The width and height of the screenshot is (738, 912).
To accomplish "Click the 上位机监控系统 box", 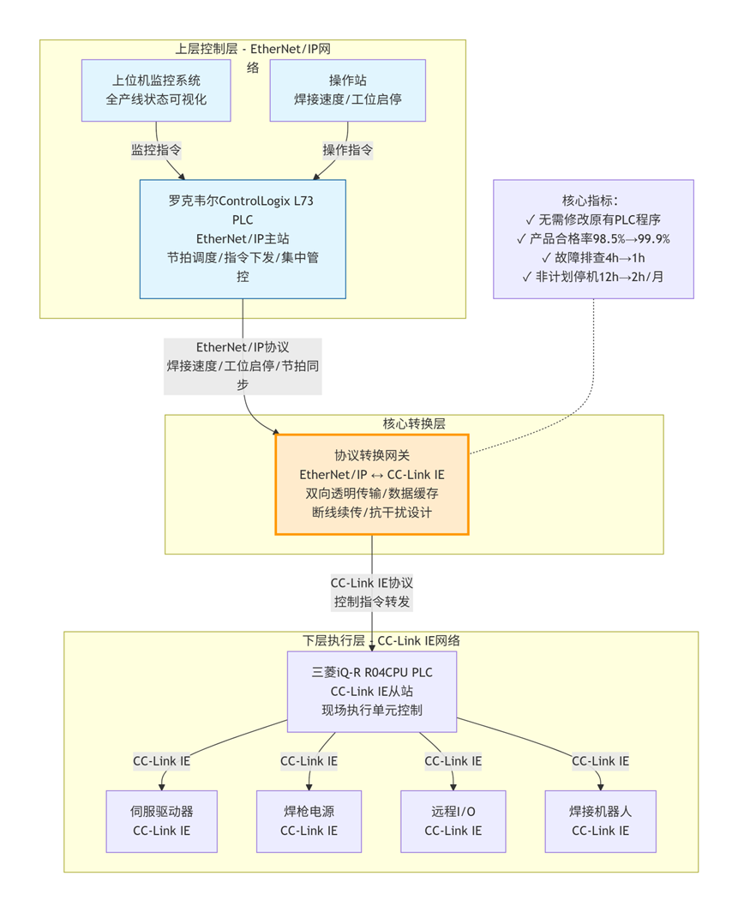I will tap(156, 90).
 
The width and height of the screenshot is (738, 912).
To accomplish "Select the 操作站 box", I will tap(348, 90).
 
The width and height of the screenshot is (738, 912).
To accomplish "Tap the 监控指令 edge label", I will tap(156, 150).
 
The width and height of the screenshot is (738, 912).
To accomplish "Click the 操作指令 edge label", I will tap(348, 150).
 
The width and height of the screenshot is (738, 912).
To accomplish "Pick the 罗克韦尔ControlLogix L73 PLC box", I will tap(243, 239).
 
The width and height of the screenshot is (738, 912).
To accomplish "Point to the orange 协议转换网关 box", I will tap(371, 484).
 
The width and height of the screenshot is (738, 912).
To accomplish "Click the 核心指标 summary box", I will tap(593, 238).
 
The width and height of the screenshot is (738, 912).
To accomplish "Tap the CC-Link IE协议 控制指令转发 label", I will tap(371, 591).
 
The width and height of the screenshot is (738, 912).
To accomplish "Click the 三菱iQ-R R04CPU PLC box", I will tap(371, 692).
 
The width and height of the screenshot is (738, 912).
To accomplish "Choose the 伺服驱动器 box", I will tap(161, 820).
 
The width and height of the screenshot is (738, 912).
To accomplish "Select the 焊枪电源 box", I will tap(309, 820).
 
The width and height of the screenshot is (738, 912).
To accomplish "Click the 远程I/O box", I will tap(453, 820).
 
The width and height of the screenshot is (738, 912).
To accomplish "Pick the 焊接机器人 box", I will tap(600, 820).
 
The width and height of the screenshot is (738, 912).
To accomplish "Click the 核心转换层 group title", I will tap(414, 423).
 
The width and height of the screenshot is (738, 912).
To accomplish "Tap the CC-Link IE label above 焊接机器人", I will tap(600, 760).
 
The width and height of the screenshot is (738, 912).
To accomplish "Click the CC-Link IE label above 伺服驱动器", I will tap(161, 760).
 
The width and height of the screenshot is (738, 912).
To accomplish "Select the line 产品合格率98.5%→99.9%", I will tap(593, 238).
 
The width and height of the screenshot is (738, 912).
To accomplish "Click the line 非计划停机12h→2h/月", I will tap(593, 276).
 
